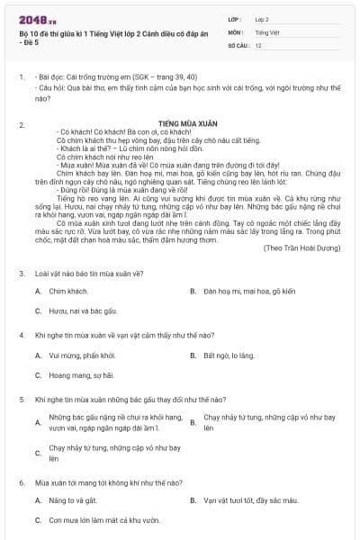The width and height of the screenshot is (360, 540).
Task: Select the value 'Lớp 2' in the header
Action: click(262, 19)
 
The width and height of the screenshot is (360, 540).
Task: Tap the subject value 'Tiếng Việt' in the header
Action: click(266, 31)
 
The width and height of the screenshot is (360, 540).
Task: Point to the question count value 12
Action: click(258, 45)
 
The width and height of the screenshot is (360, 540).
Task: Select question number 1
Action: click(22, 78)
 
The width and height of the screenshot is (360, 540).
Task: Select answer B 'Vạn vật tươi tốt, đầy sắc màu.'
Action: click(251, 499)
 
